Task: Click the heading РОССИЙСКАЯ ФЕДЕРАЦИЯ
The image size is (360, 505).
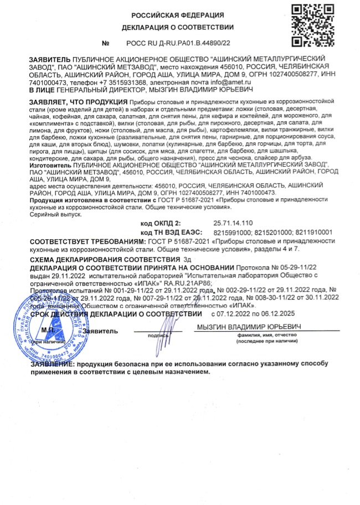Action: [x=178, y=15]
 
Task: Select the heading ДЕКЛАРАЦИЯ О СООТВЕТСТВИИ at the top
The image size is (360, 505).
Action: [x=178, y=27]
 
